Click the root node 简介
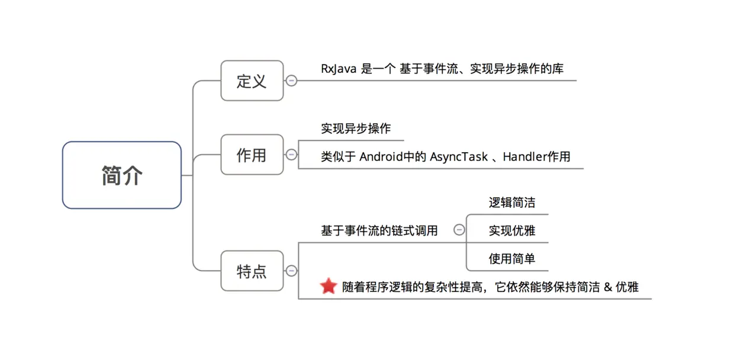122,175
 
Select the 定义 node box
252,81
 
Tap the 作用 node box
252,155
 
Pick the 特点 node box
252,271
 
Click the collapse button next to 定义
291,81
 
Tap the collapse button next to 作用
291,155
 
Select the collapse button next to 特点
291,271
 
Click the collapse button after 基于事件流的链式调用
459,230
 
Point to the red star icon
329,287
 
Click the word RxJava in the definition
339,69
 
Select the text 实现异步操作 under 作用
356,128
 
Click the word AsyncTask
459,157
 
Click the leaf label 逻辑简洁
512,202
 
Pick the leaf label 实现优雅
512,230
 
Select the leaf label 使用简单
512,259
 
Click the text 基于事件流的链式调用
379,230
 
